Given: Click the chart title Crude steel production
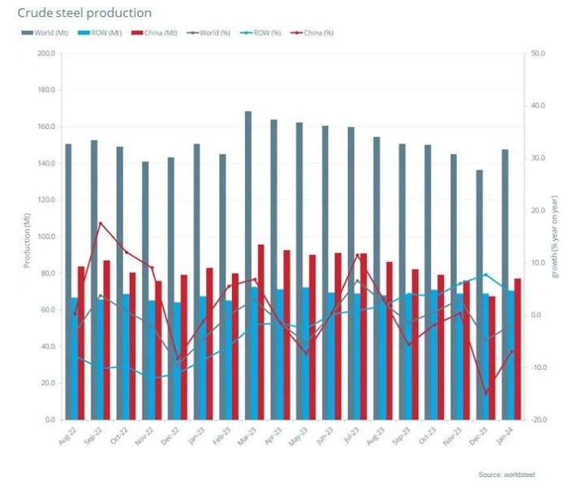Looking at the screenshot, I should pyautogui.click(x=84, y=14).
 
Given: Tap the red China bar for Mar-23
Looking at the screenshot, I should pyautogui.click(x=261, y=332).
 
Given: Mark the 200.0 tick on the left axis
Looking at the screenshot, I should pyautogui.click(x=46, y=54).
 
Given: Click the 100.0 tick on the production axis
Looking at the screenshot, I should pyautogui.click(x=46, y=237).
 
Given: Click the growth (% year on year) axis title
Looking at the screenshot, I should pyautogui.click(x=555, y=236).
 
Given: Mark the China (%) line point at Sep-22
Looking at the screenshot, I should pyautogui.click(x=100, y=223).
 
